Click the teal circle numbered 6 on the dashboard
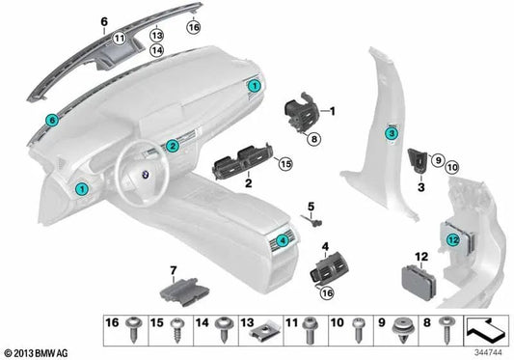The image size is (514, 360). (x=52, y=120)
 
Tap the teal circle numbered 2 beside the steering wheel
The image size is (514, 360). (x=172, y=147)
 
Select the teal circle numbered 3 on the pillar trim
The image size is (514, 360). (x=391, y=136)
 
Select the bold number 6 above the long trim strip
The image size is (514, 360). (x=104, y=17)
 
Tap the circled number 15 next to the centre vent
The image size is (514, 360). (x=284, y=165)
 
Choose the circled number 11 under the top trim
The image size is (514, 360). (x=120, y=38)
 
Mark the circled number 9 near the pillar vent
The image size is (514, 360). (x=435, y=159)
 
